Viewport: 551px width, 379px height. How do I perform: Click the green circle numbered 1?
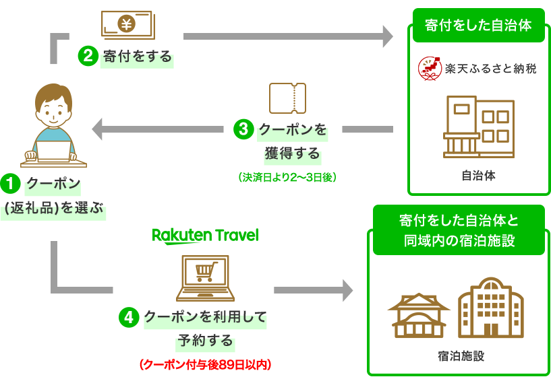pyautogui.click(x=10, y=184)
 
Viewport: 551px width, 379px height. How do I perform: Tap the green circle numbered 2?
pyautogui.click(x=88, y=56)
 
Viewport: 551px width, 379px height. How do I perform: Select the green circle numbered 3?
pyautogui.click(x=243, y=129)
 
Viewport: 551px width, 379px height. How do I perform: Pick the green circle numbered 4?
pyautogui.click(x=129, y=317)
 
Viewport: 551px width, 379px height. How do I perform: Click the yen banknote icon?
pyautogui.click(x=128, y=24)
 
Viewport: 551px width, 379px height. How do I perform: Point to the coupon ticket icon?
pyautogui.click(x=287, y=98)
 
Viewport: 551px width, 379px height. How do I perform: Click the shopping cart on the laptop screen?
pyautogui.click(x=206, y=272)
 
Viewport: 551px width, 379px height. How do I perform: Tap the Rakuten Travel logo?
pyautogui.click(x=205, y=236)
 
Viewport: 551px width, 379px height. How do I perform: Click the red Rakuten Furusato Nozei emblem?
pyautogui.click(x=430, y=69)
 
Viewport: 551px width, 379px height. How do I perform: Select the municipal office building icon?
pyautogui.click(x=479, y=127)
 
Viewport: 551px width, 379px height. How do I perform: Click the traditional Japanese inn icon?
pyautogui.click(x=419, y=316)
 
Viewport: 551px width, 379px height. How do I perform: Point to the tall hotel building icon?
pyautogui.click(x=491, y=308)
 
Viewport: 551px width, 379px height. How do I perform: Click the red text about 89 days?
pyautogui.click(x=206, y=365)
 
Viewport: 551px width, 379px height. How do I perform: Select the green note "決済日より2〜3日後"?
pyautogui.click(x=287, y=178)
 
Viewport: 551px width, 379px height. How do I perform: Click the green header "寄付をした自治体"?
pyautogui.click(x=478, y=26)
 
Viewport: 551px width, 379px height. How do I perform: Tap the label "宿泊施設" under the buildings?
pyautogui.click(x=461, y=356)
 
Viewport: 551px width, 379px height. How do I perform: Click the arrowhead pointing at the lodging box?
pyautogui.click(x=348, y=290)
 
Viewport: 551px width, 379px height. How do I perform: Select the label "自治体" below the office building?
pyautogui.click(x=479, y=175)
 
